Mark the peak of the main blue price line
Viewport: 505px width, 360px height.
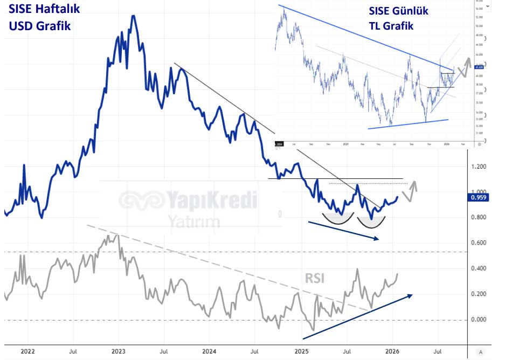[133, 16]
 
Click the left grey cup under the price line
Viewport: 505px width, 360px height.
[338, 218]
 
